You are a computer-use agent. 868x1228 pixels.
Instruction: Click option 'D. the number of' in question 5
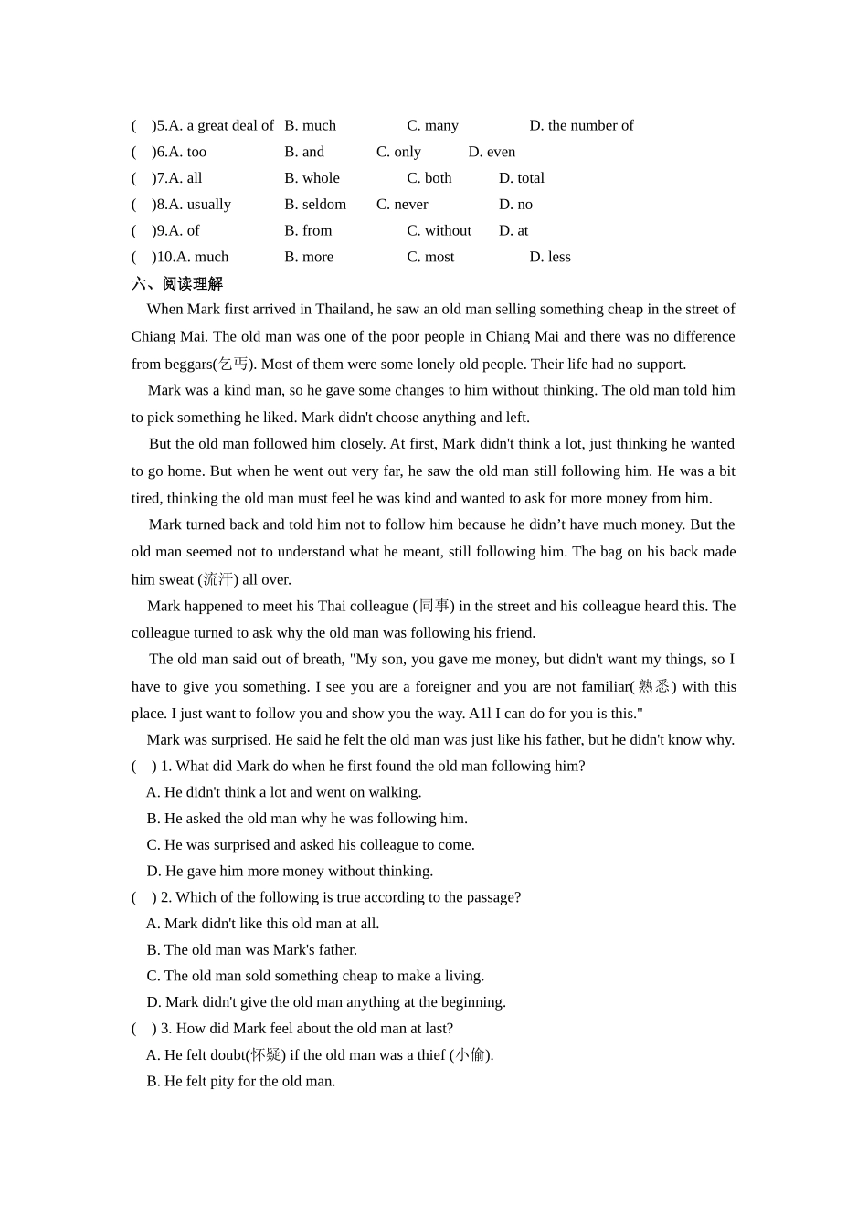point(581,125)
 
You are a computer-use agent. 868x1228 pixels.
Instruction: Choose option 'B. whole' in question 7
point(312,178)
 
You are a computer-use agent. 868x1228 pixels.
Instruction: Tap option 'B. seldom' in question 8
point(315,205)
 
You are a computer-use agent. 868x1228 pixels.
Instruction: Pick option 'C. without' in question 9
point(439,231)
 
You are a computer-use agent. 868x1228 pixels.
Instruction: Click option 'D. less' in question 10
point(550,258)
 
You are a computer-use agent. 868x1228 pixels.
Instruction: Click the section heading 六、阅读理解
point(177,283)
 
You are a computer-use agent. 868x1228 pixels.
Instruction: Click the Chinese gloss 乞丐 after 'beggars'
point(233,365)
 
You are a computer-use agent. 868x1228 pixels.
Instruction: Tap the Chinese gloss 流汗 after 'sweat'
point(217,579)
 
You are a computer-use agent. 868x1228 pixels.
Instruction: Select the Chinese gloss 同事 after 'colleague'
point(434,606)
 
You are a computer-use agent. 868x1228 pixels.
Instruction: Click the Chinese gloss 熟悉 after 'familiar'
point(653,687)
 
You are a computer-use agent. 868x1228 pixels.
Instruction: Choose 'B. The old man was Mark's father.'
point(251,950)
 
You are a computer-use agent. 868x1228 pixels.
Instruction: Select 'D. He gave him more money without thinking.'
point(290,872)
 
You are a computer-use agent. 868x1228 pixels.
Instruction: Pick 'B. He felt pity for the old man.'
point(241,1082)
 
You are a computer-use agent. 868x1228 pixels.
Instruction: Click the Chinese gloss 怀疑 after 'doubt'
point(265,1055)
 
